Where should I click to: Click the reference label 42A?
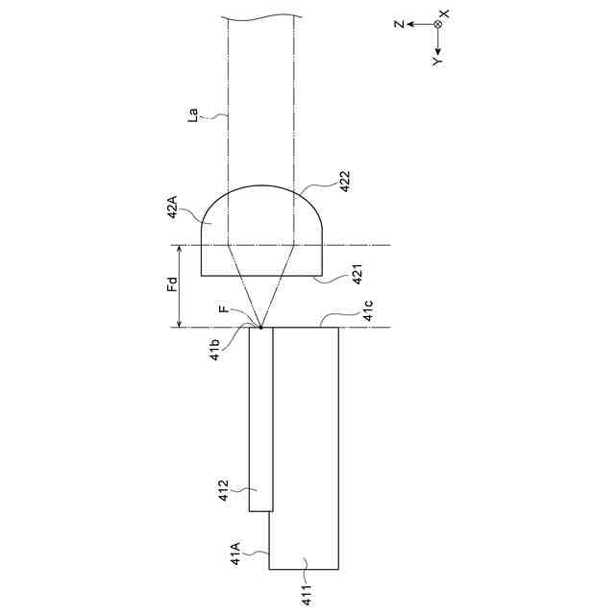click(x=173, y=208)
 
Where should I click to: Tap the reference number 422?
click(x=344, y=182)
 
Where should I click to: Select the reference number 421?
click(x=357, y=274)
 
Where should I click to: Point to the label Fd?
click(x=173, y=284)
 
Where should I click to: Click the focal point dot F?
click(x=260, y=327)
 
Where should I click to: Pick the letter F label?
click(x=223, y=309)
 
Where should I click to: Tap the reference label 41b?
click(x=215, y=350)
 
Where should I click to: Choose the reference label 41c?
click(x=368, y=310)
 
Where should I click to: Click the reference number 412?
click(x=224, y=490)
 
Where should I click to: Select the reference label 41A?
click(x=235, y=553)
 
